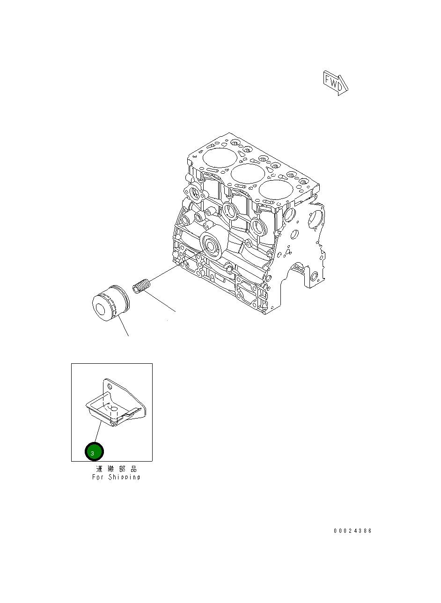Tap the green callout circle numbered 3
94,452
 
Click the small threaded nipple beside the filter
140,286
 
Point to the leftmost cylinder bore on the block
220,158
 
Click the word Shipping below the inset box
124,477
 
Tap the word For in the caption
98,477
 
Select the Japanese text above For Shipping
117,469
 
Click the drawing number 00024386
353,531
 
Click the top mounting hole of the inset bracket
110,387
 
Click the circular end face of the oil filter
102,309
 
